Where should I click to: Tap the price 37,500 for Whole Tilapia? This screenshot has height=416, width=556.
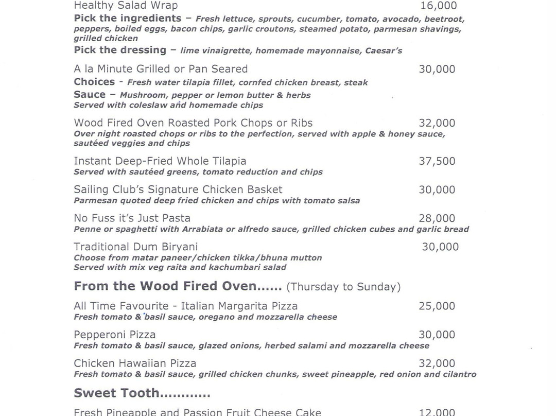[437, 161]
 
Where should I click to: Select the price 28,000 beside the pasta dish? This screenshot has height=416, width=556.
[437, 218]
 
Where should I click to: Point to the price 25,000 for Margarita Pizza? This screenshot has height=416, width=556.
[437, 306]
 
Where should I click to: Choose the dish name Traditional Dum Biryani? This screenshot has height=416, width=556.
[135, 247]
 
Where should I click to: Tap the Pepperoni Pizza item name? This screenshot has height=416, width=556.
[114, 335]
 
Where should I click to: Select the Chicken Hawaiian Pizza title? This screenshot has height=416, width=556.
[135, 363]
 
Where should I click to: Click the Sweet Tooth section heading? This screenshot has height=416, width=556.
[142, 393]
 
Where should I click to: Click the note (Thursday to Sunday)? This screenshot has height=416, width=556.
[343, 287]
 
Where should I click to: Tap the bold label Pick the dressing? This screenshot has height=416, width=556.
[120, 50]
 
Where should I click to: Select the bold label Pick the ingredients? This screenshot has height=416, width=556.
[127, 19]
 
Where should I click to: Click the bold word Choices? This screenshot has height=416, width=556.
[94, 82]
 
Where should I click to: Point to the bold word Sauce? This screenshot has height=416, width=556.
[90, 95]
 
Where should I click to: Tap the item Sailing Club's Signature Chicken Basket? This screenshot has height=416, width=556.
[178, 189]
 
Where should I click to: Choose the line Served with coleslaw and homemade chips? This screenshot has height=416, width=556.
[168, 105]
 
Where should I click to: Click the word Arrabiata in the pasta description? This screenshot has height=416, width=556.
[207, 229]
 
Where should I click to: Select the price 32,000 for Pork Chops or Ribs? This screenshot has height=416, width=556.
[437, 123]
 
